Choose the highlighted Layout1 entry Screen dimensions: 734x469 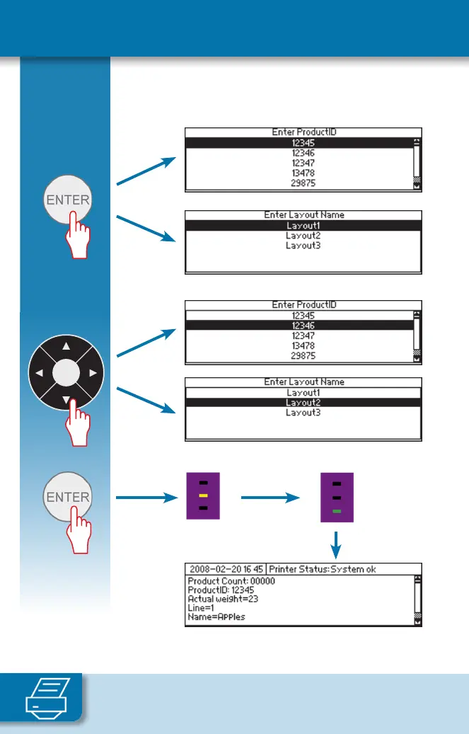(302, 225)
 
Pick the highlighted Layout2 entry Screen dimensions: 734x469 (302, 403)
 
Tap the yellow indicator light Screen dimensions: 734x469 (202, 495)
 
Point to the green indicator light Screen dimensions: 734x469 (337, 510)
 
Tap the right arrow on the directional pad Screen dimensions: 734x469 (93, 372)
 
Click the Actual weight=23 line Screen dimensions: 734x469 (221, 598)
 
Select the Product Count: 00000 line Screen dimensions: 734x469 (231, 581)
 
